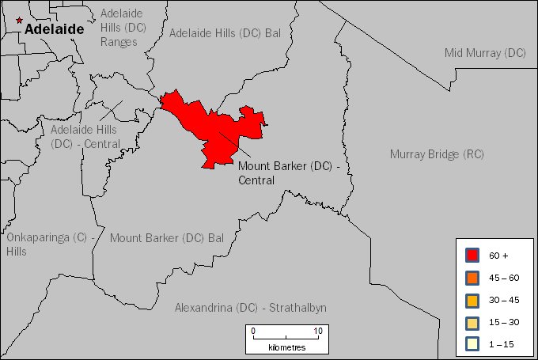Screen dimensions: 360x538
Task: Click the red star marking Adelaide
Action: pos(19,20)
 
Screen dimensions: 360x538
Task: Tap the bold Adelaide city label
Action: pos(54,29)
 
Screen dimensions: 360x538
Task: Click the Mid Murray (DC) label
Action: pos(485,53)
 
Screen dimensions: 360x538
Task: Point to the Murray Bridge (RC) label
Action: pos(437,154)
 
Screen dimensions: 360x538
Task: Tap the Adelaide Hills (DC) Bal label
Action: pos(225,33)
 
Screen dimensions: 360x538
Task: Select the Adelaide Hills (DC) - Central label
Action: pos(84,136)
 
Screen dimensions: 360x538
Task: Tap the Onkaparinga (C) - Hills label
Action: pos(51,244)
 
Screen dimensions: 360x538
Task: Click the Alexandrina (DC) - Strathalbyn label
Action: pos(251,307)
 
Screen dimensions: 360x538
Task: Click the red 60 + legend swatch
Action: pos(473,256)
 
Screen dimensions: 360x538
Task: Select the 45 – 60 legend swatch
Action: pos(473,278)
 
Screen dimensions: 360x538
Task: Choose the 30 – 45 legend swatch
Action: pos(473,300)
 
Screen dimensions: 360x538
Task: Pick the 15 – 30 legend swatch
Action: pos(473,322)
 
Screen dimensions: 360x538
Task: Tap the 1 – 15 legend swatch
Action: pos(473,343)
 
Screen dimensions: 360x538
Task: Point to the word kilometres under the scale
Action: pos(286,347)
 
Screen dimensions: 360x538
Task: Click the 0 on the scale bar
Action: pos(253,331)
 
